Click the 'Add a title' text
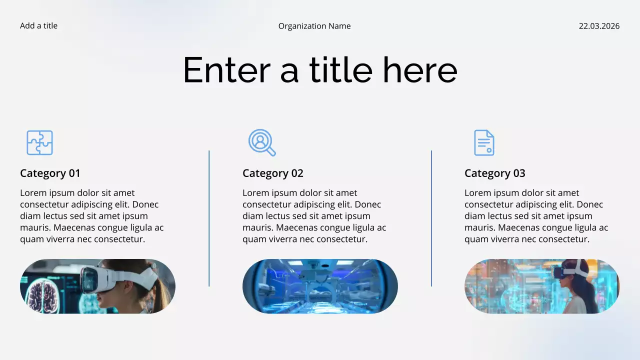38,26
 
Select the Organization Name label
314,26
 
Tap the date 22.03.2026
599,26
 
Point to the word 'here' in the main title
420,70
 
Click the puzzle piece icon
39,142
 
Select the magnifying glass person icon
261,142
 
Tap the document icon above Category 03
483,142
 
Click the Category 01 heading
50,173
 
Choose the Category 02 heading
272,173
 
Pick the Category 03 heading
494,173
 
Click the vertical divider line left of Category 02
209,218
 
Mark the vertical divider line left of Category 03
431,218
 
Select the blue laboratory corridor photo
320,286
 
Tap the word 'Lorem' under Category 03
477,193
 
